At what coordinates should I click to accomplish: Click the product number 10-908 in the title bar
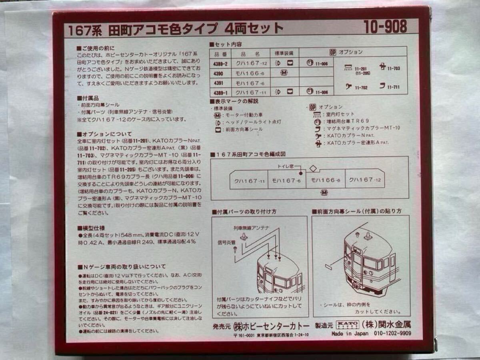(x=385, y=27)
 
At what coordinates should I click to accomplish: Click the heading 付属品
(x=88, y=98)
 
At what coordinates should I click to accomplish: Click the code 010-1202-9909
(x=392, y=334)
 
